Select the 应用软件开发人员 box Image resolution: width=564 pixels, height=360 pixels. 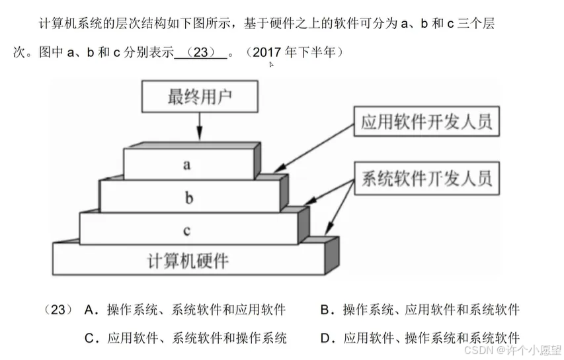pos(426,122)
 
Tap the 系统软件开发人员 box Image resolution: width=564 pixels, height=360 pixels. pos(426,177)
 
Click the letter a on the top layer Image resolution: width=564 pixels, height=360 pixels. pos(187,165)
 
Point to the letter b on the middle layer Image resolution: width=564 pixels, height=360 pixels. pos(188,197)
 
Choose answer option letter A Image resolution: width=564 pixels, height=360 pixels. pos(91,309)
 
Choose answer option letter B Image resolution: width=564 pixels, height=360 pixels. pos(325,309)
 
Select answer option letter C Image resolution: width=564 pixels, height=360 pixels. pos(91,338)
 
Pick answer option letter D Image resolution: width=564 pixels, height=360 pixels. pos(325,338)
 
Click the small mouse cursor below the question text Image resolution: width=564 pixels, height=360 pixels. pos(271,65)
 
